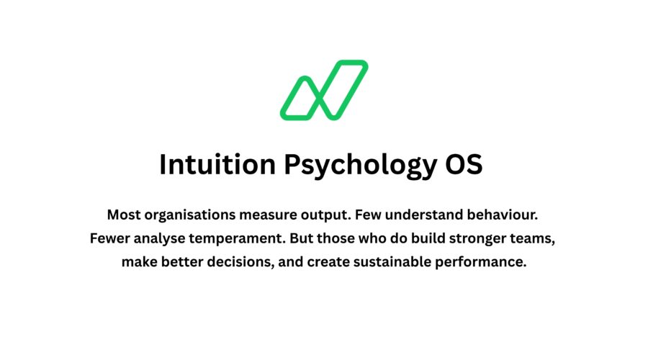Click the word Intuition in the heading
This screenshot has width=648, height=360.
(x=217, y=164)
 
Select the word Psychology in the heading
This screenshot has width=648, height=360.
(x=360, y=166)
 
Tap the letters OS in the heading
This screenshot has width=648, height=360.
(x=464, y=164)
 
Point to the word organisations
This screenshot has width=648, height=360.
(x=189, y=215)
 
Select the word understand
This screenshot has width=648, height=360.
(x=424, y=215)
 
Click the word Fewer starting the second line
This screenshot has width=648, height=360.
(x=109, y=238)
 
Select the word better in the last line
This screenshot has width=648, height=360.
(x=182, y=262)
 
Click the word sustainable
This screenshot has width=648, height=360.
(x=392, y=262)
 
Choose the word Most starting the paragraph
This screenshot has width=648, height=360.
(x=124, y=215)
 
